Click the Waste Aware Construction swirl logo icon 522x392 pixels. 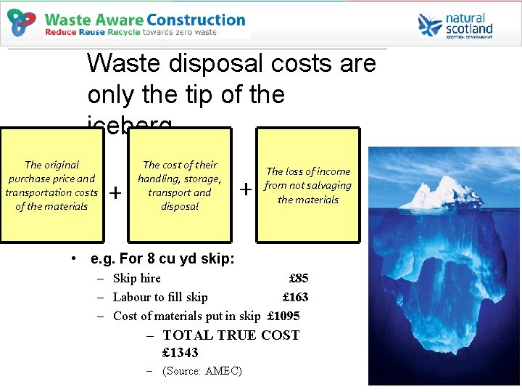pos(22,23)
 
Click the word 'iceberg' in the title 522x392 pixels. pos(130,126)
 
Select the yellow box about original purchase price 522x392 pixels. pos(52,186)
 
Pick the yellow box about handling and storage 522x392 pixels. pos(179,186)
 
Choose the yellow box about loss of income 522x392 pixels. pos(307,186)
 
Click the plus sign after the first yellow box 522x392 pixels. pos(114,192)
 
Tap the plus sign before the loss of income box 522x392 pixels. pos(246,189)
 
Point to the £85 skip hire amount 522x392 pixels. pos(298,278)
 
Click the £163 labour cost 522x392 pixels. pos(295,297)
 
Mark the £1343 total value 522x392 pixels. pos(181,353)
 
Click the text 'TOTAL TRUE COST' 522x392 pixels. pos(231,335)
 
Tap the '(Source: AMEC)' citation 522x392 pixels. pos(202,371)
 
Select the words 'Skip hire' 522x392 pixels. pos(137,278)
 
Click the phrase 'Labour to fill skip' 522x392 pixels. pos(160,297)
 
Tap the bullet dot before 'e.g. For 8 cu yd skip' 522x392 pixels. pos(75,259)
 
